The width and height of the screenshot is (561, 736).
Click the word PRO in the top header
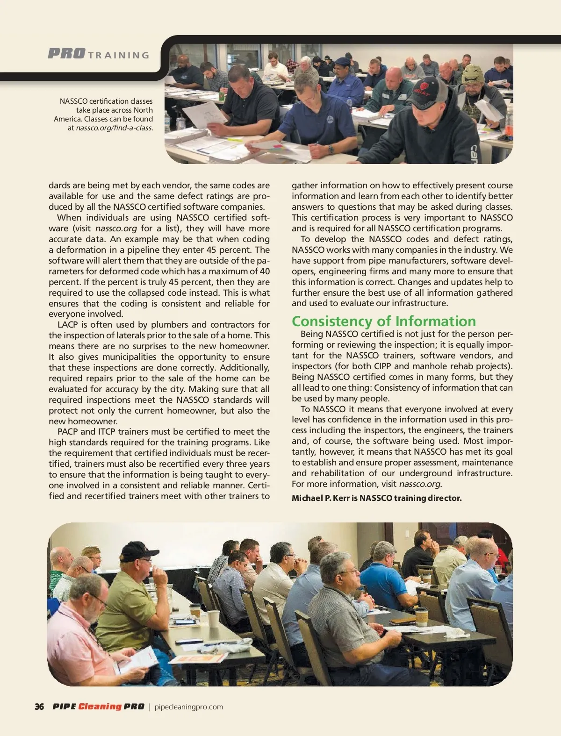66,54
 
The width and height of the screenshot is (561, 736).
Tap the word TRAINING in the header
119,55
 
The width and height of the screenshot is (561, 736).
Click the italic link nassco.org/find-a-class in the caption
114,128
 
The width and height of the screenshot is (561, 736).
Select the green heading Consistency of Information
384,321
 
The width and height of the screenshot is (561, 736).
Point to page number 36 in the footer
39,707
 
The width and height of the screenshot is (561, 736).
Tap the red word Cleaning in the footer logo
100,707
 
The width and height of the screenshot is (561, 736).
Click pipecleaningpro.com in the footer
188,707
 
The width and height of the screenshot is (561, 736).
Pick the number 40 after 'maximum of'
265,272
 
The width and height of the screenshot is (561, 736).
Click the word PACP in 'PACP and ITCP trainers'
68,432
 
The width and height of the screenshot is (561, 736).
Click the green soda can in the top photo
222,96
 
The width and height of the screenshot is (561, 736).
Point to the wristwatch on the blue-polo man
331,150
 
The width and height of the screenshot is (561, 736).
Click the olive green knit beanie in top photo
473,74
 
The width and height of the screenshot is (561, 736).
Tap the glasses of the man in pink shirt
98,599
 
